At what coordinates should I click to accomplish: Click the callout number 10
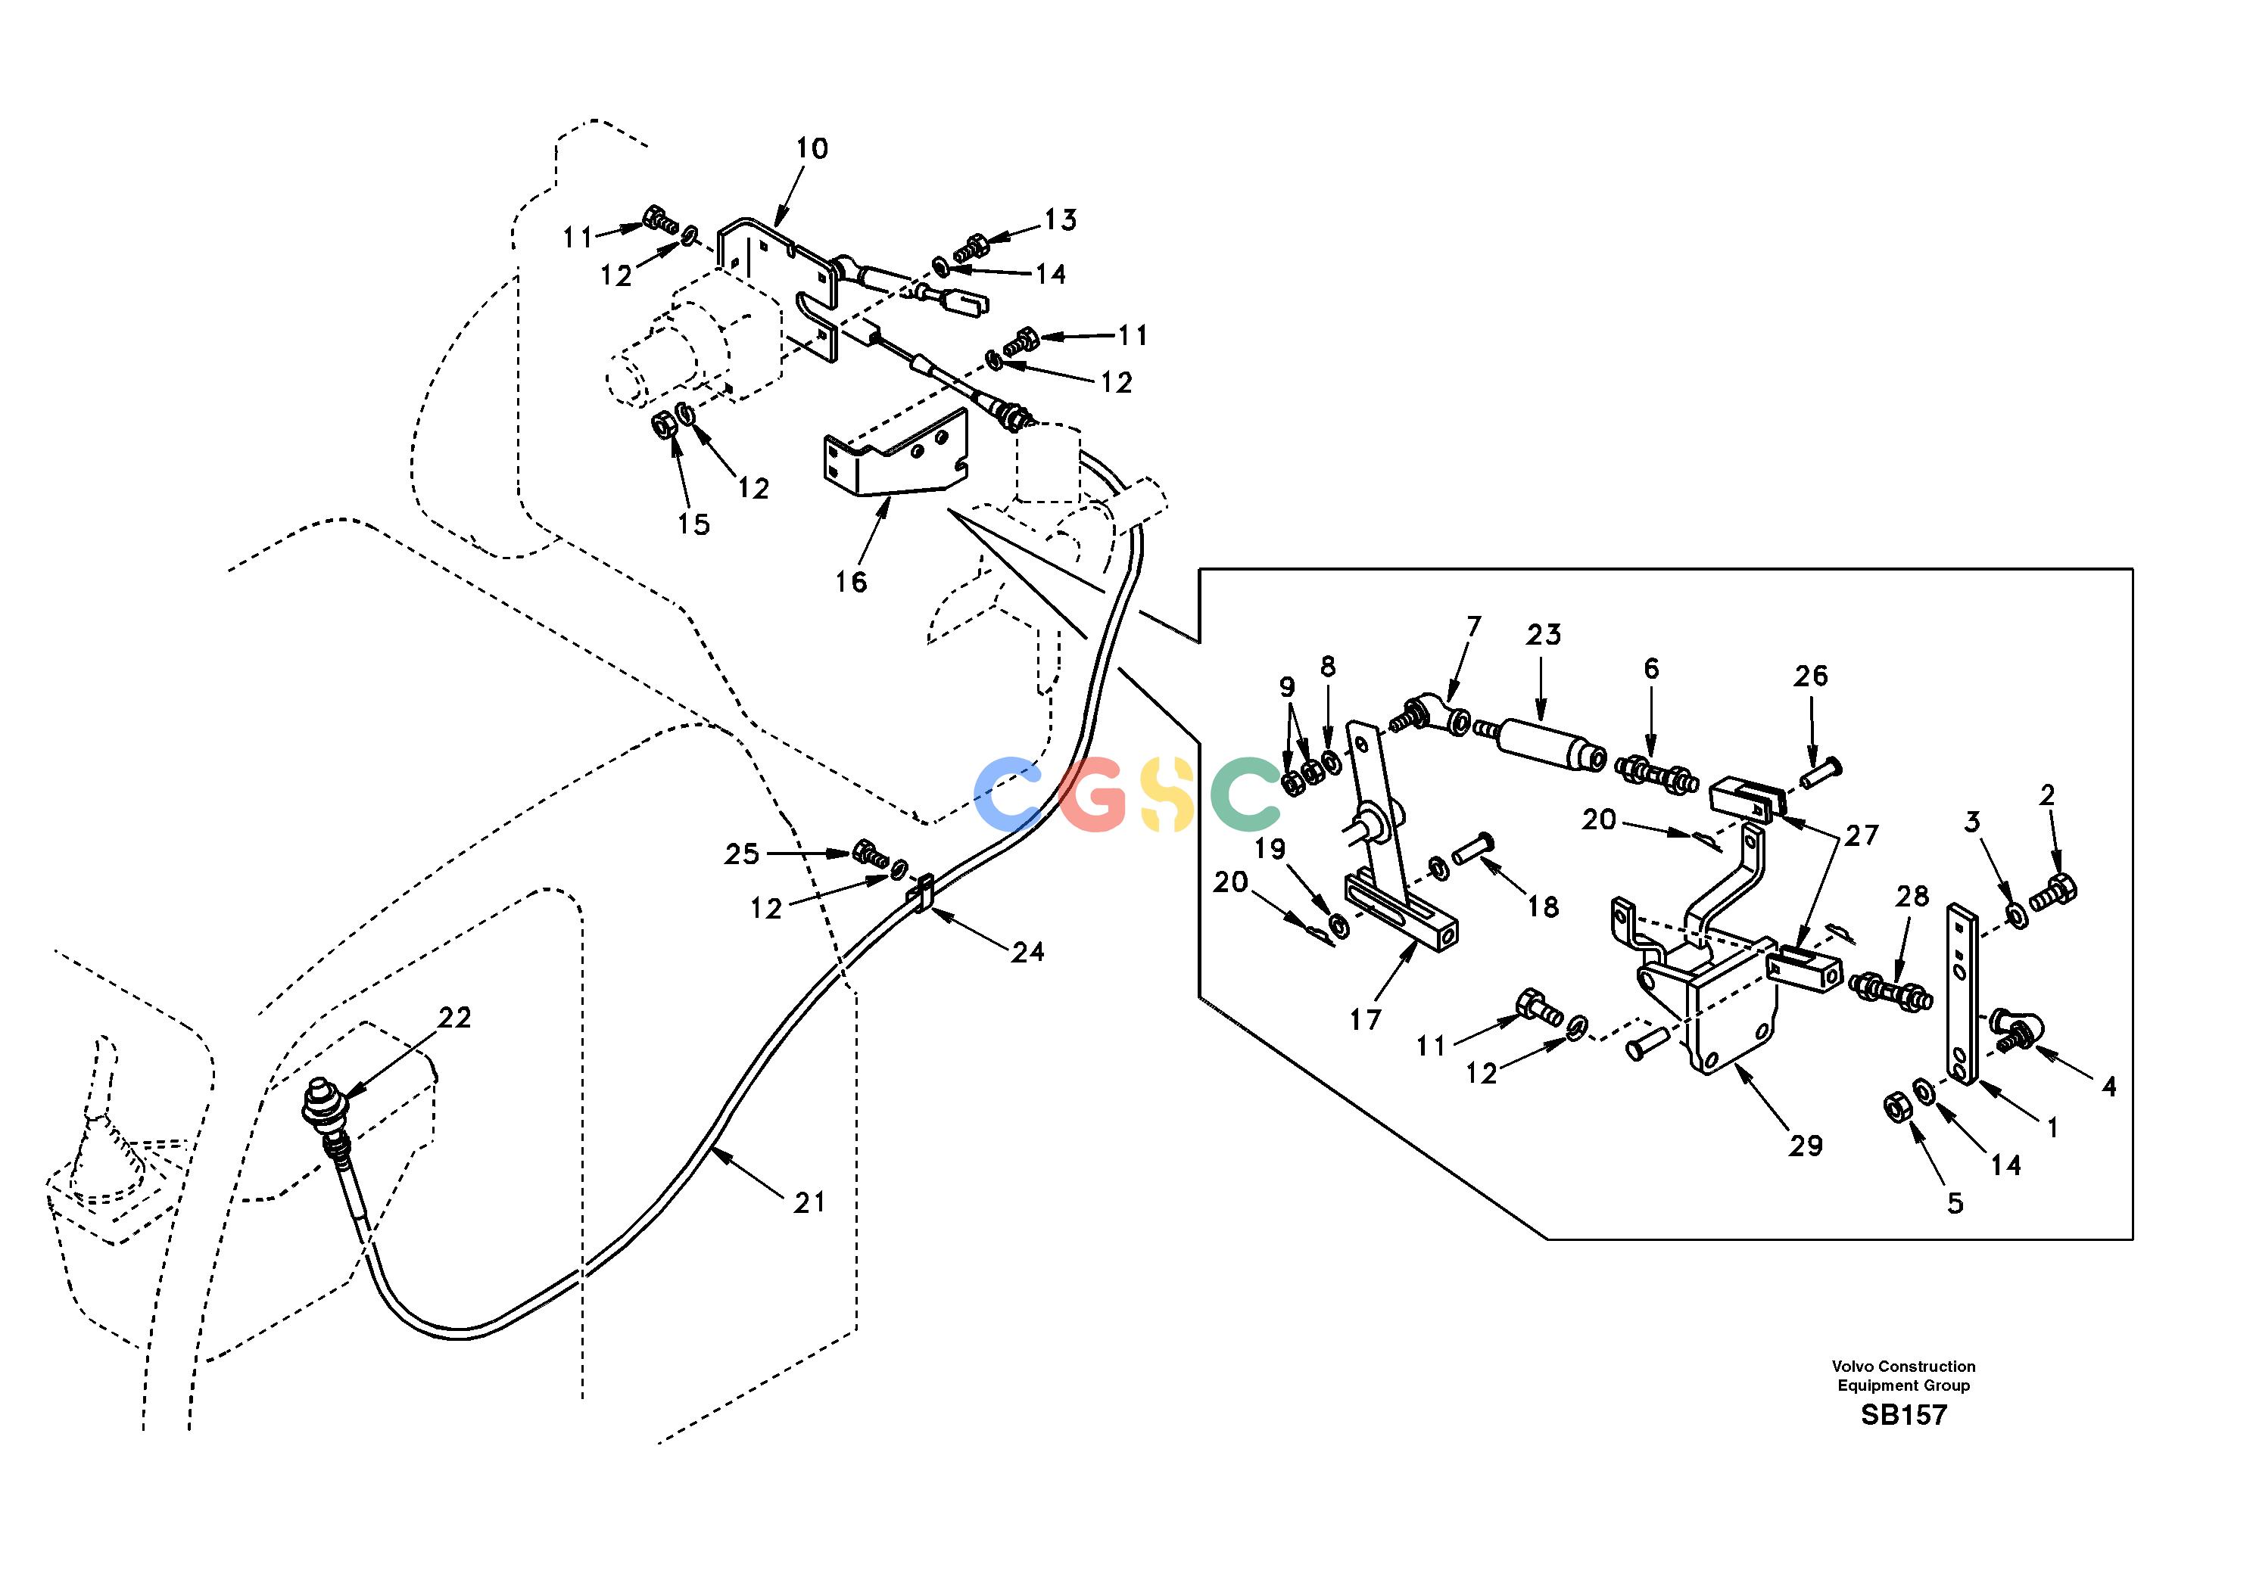812,149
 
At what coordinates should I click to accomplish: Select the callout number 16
851,583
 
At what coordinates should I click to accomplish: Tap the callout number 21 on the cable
809,1202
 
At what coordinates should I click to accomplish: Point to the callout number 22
454,1018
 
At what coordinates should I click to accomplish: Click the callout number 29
1805,1146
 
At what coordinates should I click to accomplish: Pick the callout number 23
1543,636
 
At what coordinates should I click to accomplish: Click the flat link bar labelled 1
1962,993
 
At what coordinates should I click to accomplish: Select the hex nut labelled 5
1895,1106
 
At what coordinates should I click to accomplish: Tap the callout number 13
1060,219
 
